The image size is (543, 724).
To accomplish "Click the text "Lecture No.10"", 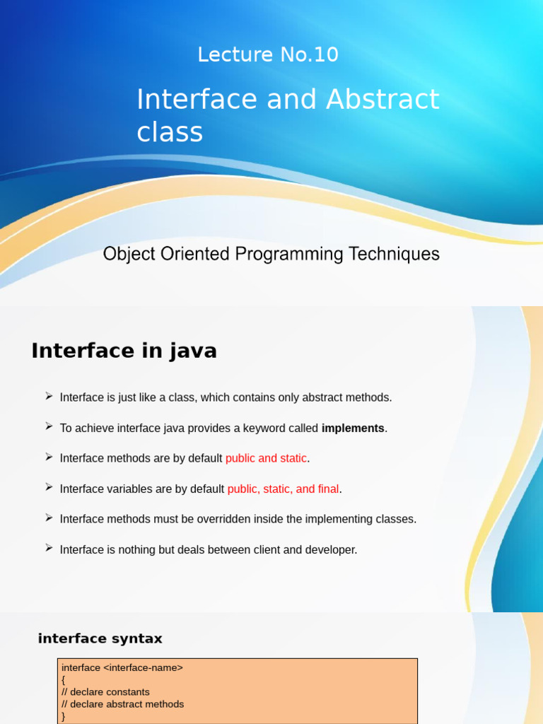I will [268, 54].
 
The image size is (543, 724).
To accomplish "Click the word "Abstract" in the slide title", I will [383, 100].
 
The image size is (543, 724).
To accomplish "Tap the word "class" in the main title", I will [170, 132].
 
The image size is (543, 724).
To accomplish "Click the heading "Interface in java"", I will [124, 351].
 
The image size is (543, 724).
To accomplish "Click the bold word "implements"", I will [353, 428].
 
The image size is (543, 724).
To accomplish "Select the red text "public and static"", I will [266, 458].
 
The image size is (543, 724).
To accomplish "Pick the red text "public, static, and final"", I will [283, 489].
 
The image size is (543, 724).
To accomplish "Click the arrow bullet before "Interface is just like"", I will [49, 397].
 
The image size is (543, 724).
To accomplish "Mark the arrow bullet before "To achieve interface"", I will [49, 427].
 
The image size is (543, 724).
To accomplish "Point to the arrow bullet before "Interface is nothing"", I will [49, 549].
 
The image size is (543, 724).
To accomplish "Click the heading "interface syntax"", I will [100, 638].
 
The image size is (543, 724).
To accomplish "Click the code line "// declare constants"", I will [105, 691].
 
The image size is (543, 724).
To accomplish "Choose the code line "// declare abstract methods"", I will [122, 703].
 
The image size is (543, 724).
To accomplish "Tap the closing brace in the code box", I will [64, 716].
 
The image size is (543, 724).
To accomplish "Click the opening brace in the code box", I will [64, 679].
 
